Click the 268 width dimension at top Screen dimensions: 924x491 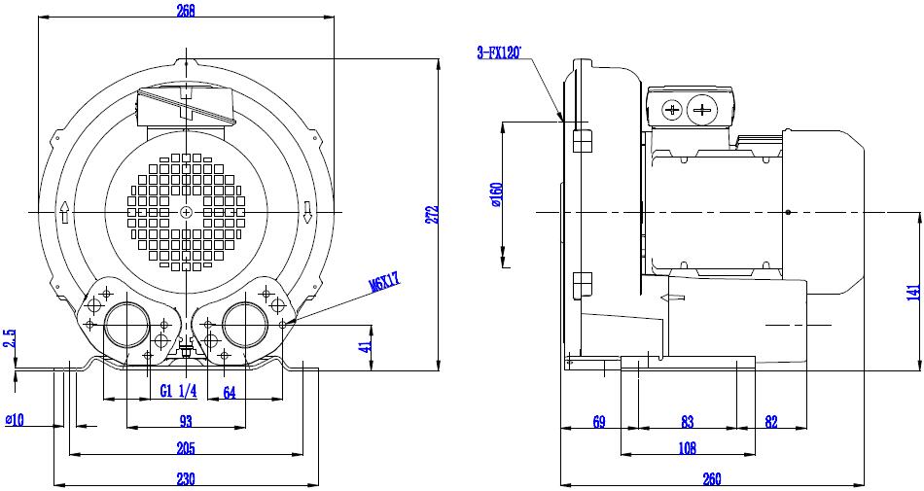coord(186,10)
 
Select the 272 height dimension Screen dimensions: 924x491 coord(433,214)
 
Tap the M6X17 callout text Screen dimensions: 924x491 coord(385,281)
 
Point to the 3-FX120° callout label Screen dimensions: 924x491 coord(500,53)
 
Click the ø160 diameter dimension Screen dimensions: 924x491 coord(496,194)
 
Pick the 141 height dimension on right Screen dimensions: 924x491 coord(914,293)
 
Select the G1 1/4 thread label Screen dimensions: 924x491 coord(178,391)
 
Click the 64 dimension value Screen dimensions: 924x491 coord(230,392)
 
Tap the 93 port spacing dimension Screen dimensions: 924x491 coord(186,421)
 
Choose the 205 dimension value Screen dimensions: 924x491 coord(186,448)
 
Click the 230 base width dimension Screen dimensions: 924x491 coord(186,478)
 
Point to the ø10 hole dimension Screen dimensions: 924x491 coord(15,420)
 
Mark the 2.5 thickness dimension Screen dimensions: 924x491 coord(10,339)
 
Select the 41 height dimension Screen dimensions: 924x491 coord(366,346)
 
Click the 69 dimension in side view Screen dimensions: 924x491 coord(599,422)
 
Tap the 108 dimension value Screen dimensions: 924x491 coord(687,448)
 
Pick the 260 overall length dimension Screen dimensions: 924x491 coord(712,479)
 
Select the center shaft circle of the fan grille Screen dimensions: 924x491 coord(186,212)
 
